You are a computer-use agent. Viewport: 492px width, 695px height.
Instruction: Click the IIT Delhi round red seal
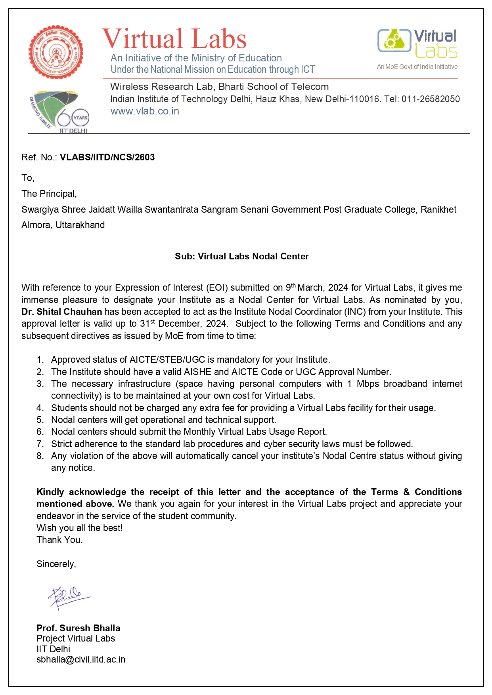(x=56, y=52)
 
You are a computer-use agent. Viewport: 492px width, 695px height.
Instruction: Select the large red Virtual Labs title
(x=174, y=39)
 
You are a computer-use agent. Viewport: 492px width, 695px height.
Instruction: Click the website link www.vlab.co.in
(x=145, y=111)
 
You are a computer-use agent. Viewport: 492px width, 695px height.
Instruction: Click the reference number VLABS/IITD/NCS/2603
(x=107, y=157)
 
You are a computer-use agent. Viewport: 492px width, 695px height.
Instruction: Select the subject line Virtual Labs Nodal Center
(x=241, y=256)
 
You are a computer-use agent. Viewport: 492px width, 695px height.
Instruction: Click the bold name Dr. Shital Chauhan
(x=61, y=312)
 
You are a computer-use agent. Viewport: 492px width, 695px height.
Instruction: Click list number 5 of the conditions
(x=40, y=420)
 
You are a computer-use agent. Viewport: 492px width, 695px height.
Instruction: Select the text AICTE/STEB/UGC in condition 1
(x=167, y=360)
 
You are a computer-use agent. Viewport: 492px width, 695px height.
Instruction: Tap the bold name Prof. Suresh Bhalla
(x=78, y=628)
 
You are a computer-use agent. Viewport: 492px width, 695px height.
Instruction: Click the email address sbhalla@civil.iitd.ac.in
(x=81, y=659)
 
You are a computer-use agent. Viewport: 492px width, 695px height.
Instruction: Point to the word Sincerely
(x=56, y=564)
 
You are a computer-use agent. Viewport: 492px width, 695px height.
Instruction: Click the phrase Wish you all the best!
(x=79, y=528)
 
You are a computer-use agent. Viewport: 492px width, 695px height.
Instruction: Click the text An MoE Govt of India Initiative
(x=417, y=67)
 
